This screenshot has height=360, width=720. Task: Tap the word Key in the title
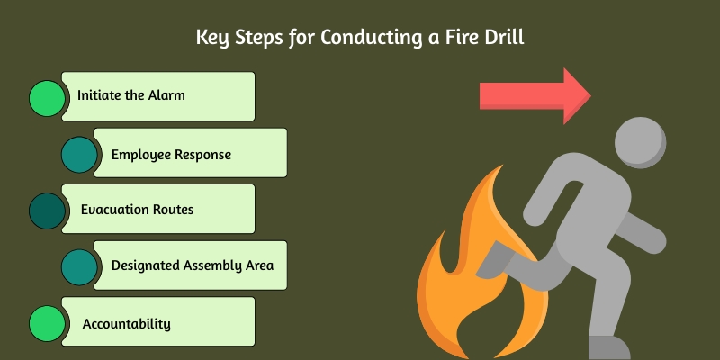pos(211,39)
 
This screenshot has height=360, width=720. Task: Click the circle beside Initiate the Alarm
pos(47,97)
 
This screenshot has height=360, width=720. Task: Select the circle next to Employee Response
pos(79,154)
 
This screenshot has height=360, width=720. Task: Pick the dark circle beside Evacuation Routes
pos(47,210)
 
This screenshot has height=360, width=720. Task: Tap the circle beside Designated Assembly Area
pos(79,265)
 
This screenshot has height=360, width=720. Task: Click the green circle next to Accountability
pos(47,322)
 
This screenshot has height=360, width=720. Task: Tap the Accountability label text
pos(126,323)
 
